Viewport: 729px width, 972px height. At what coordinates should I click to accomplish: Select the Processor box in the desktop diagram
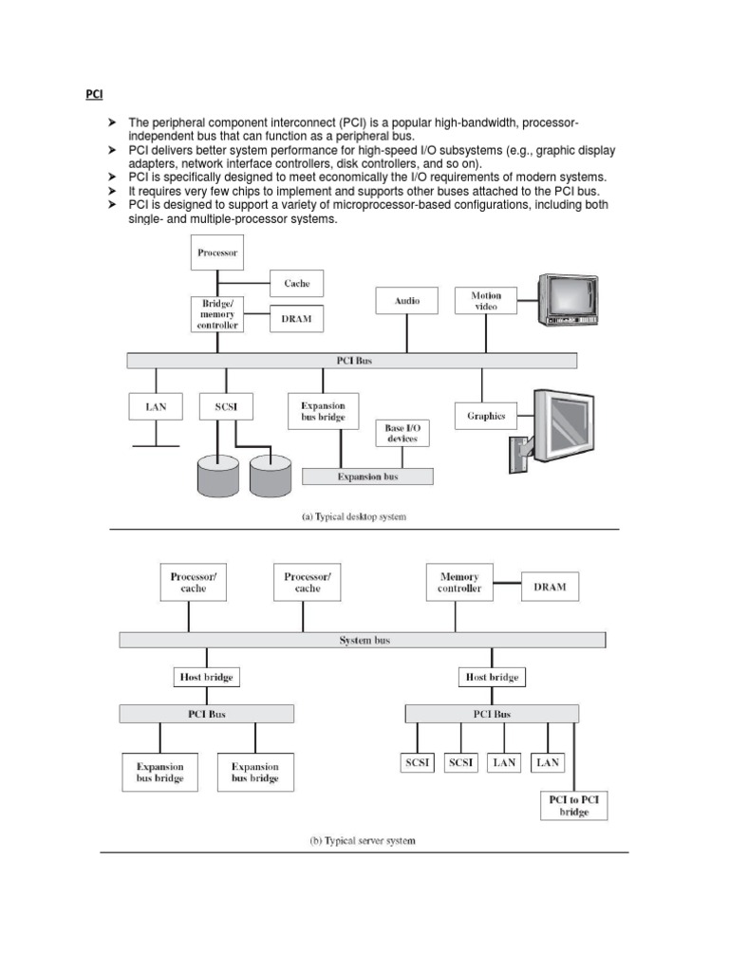[217, 252]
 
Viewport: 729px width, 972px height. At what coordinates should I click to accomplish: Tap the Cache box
[297, 283]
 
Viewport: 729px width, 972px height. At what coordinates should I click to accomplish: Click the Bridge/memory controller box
[217, 314]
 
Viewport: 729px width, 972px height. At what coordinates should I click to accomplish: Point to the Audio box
[407, 301]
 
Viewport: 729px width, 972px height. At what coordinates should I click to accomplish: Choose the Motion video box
[486, 301]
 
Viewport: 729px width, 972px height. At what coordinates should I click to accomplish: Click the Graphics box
[486, 416]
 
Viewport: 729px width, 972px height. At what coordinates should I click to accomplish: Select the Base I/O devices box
[402, 435]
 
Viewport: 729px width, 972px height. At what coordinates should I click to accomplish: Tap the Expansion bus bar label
[367, 477]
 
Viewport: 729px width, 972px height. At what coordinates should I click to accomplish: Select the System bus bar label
[364, 641]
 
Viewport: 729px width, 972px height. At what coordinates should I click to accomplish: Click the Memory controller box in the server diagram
[459, 582]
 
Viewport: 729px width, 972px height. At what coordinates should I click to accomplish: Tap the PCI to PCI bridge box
[574, 806]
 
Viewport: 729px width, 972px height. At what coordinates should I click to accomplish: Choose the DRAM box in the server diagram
[550, 587]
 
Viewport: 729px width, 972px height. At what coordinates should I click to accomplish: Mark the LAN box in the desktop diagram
[156, 407]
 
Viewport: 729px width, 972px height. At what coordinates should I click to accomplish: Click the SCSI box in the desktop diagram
[226, 407]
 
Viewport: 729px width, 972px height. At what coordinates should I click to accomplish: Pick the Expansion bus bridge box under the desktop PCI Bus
[316, 411]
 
